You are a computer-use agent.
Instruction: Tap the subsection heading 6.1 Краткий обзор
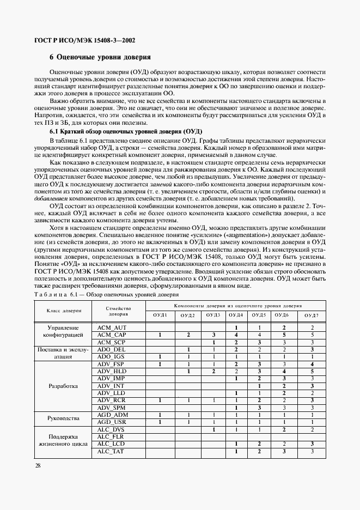click(x=126, y=131)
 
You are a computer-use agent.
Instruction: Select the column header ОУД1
click(x=160, y=315)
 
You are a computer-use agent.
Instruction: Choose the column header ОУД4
click(x=236, y=315)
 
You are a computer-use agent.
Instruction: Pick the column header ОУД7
click(x=312, y=315)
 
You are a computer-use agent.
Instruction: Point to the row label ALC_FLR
click(x=111, y=436)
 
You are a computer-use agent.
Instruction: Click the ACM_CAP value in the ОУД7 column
click(x=312, y=335)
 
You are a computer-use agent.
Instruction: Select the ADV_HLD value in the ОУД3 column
click(x=214, y=371)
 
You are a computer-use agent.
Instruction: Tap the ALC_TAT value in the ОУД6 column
click(x=284, y=451)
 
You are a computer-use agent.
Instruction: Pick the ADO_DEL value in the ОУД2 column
click(x=188, y=349)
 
